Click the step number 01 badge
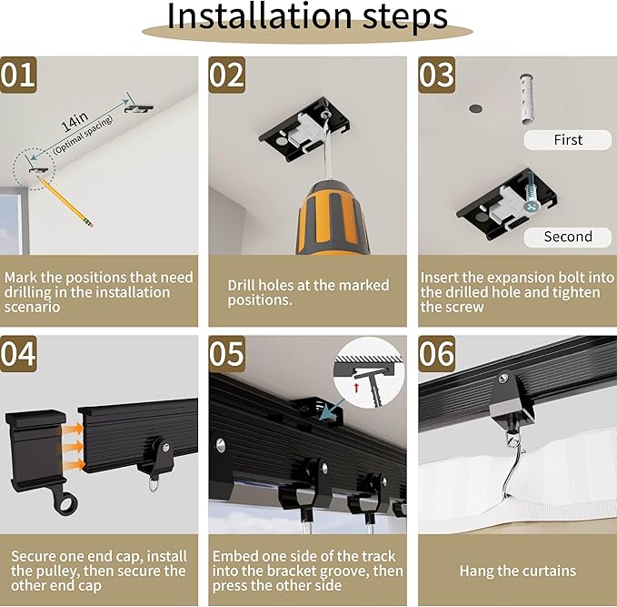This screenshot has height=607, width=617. [x=18, y=75]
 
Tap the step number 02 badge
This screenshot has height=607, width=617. [x=227, y=75]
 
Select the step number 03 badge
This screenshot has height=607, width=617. [x=437, y=75]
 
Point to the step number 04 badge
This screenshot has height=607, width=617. [x=18, y=354]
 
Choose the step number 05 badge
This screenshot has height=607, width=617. [x=227, y=354]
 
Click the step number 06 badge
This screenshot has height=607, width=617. [x=437, y=354]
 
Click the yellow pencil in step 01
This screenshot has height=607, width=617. [x=65, y=202]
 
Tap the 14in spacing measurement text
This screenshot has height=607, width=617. [x=75, y=122]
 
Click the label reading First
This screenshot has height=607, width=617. [x=568, y=140]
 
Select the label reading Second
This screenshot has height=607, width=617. [x=568, y=237]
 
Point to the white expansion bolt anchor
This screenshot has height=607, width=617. [x=527, y=98]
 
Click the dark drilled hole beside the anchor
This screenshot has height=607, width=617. [x=475, y=108]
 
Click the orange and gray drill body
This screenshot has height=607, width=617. [x=333, y=218]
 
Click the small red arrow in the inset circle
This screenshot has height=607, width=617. [x=356, y=388]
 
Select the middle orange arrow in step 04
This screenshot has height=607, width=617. [x=74, y=447]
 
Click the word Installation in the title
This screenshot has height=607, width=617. [x=259, y=16]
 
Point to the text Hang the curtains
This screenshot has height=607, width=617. [x=517, y=571]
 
